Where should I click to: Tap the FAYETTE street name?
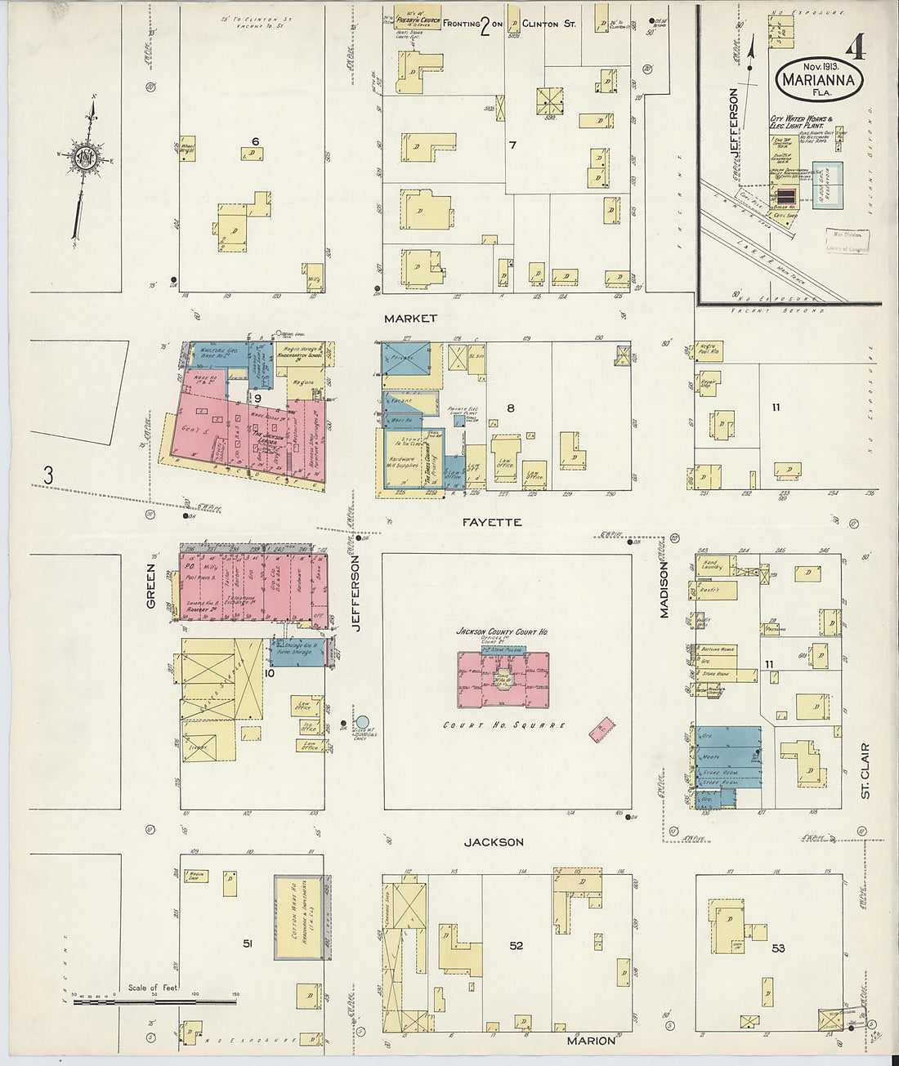(495, 521)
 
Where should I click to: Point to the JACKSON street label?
(494, 841)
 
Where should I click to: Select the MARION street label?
(591, 1041)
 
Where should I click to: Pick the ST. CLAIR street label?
(865, 765)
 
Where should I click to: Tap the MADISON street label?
(664, 592)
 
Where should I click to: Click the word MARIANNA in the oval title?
(818, 80)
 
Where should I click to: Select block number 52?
(516, 945)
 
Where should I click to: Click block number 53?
(778, 948)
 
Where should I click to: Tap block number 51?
(248, 943)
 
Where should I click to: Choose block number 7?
(512, 145)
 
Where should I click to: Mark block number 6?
(255, 141)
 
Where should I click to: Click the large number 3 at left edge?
(48, 473)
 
